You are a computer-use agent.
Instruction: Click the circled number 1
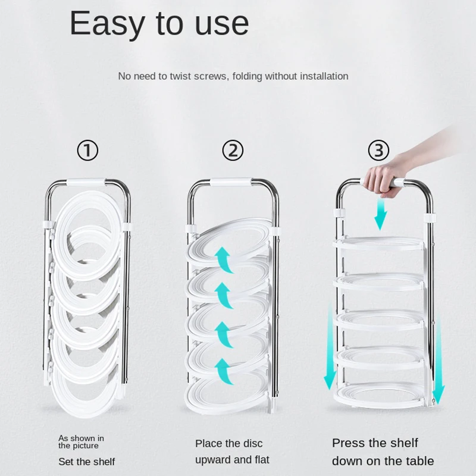(x=87, y=151)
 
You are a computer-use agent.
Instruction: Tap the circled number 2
(x=233, y=151)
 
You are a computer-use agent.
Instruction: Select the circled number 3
(x=378, y=151)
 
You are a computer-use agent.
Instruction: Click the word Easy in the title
(x=107, y=24)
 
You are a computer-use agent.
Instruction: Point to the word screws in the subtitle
(x=210, y=76)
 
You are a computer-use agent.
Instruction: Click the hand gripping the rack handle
(x=383, y=178)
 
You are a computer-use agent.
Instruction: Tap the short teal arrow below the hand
(x=380, y=214)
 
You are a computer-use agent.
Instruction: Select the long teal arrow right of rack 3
(x=438, y=360)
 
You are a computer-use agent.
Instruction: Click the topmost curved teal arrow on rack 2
(x=224, y=259)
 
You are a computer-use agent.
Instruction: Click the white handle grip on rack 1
(x=86, y=182)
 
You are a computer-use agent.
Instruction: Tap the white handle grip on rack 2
(x=231, y=181)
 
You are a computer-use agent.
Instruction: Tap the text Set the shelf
(x=87, y=462)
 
